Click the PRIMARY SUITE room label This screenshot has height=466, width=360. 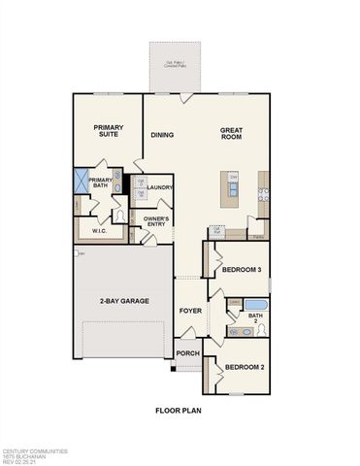coord(108,132)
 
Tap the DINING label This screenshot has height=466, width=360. coord(162,135)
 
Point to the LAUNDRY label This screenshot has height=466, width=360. coord(160,187)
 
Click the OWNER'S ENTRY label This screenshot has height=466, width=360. coord(158,222)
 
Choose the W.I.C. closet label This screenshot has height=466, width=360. coord(98,231)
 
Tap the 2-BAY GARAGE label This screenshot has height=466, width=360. coord(124,302)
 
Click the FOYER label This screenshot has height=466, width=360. coord(189,312)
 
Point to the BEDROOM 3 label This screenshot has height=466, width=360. coord(240,271)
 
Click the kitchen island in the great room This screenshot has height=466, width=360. coord(231,188)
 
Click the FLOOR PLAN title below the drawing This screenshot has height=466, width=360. coord(180,411)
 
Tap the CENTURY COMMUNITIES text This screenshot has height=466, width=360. coord(35,450)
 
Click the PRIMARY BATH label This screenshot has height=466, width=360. coord(101,183)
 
